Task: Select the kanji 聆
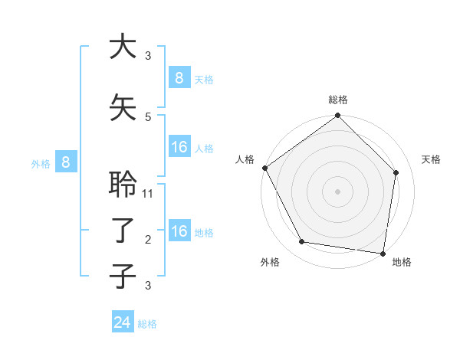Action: (123, 185)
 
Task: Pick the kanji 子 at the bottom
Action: (123, 276)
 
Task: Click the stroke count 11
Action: (149, 194)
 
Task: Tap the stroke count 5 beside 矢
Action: (148, 116)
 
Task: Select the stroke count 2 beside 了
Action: (148, 240)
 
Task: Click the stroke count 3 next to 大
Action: (148, 55)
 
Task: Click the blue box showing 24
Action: (123, 322)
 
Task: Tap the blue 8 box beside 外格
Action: (66, 162)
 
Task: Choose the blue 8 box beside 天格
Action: (179, 77)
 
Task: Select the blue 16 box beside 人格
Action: (179, 147)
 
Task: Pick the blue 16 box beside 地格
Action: (179, 231)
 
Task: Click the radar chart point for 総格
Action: (337, 116)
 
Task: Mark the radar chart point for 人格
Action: (264, 168)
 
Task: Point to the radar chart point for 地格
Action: (383, 253)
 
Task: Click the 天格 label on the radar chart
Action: (431, 159)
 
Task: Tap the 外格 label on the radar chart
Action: (269, 262)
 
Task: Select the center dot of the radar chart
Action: (337, 191)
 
